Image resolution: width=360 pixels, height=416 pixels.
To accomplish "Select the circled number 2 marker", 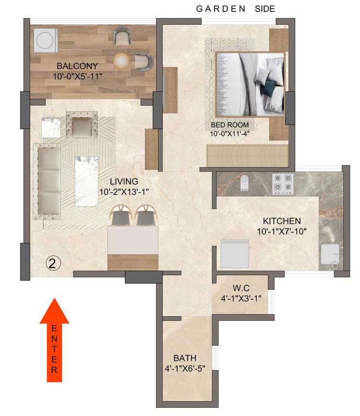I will tap(53, 262).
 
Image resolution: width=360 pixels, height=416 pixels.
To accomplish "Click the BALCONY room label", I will tap(77, 66).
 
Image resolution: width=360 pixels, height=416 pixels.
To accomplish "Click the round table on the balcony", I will tap(122, 60).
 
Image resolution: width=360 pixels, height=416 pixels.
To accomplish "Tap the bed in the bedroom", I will tap(249, 83).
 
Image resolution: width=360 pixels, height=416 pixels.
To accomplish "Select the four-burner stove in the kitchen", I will tap(282, 184).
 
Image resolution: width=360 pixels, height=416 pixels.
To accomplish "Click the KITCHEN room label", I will tap(282, 221).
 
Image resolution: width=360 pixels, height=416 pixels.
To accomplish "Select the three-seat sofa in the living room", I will tap(48, 180).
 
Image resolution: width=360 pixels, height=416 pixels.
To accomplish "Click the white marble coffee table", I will tap(87, 181).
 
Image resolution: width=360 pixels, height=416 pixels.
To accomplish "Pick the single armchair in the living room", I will tap(81, 124).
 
